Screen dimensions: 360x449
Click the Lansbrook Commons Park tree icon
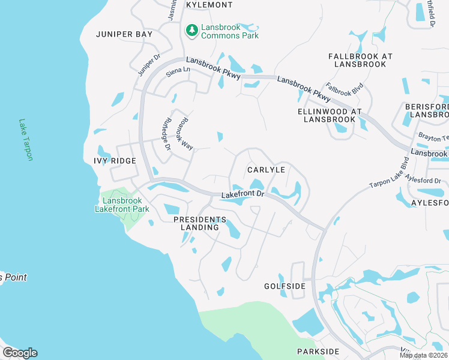tap(192, 29)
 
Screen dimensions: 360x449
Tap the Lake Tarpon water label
tap(26, 139)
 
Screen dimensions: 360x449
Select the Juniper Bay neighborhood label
tap(124, 34)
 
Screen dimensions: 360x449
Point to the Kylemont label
tap(209, 5)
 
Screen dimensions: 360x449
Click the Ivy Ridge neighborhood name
tap(115, 161)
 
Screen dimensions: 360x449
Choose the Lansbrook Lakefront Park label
tap(122, 205)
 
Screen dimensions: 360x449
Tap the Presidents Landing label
tap(200, 224)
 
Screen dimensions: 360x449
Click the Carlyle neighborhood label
tap(266, 170)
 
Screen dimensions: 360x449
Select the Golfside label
tap(285, 286)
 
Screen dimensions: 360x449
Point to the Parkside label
tap(318, 351)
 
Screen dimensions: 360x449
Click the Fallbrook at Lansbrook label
tap(360, 60)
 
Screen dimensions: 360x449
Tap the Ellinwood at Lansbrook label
tap(330, 115)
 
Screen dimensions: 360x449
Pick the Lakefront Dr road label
tap(243, 194)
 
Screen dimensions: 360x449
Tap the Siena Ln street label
tap(178, 70)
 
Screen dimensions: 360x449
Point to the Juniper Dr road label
tap(149, 65)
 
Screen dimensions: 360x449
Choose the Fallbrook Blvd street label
tap(345, 91)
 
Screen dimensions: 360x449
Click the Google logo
tap(20, 353)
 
